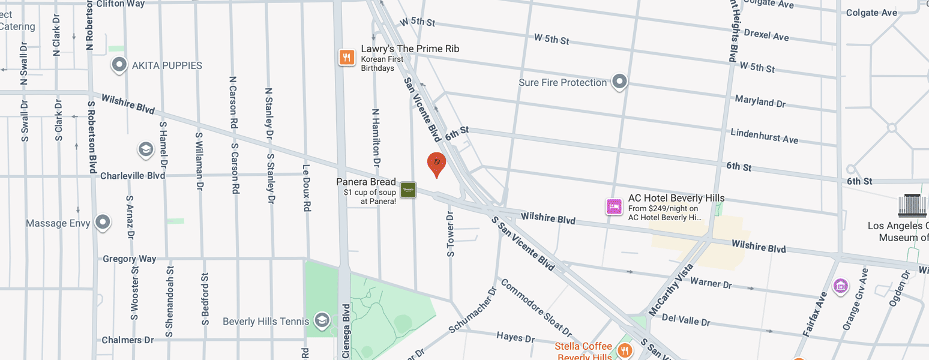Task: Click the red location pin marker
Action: pyautogui.click(x=436, y=164)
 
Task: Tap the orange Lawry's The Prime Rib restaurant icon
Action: pyautogui.click(x=346, y=58)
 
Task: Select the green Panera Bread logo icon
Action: pyautogui.click(x=408, y=190)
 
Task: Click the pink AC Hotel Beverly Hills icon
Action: pyautogui.click(x=613, y=207)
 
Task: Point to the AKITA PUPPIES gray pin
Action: pyautogui.click(x=119, y=65)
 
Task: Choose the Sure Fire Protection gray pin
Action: pyautogui.click(x=619, y=82)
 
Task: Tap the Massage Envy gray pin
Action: pyautogui.click(x=103, y=223)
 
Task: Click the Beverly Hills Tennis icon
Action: pyautogui.click(x=322, y=320)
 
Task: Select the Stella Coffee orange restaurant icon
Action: pyautogui.click(x=625, y=350)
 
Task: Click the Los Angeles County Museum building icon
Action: pyautogui.click(x=912, y=206)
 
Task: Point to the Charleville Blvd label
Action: pyautogui.click(x=133, y=176)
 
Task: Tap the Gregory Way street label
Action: pyautogui.click(x=130, y=259)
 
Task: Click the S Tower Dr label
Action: pyautogui.click(x=451, y=233)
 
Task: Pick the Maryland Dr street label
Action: pyautogui.click(x=760, y=101)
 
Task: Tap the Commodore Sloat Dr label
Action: pyautogui.click(x=536, y=307)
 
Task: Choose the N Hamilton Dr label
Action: pyautogui.click(x=376, y=137)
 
